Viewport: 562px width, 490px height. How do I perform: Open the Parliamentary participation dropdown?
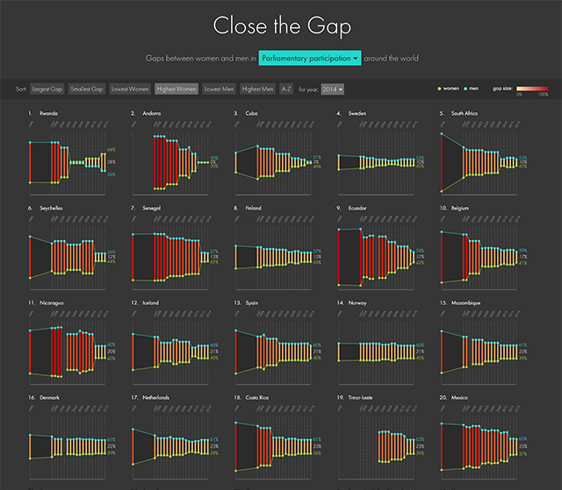(x=311, y=59)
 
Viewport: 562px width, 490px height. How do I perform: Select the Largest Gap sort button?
(x=47, y=89)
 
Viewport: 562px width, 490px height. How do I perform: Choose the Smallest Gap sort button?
(x=86, y=89)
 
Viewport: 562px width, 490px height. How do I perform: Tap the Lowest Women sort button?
(x=130, y=89)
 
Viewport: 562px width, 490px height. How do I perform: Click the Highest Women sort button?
(x=177, y=89)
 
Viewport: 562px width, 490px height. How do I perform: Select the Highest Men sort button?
(x=257, y=89)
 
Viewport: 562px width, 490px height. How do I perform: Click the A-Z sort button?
(x=286, y=89)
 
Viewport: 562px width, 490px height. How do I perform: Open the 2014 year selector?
(x=333, y=89)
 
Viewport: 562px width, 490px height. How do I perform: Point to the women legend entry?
(x=449, y=89)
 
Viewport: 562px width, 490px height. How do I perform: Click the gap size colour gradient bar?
(x=532, y=89)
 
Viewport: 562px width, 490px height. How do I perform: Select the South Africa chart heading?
(x=466, y=113)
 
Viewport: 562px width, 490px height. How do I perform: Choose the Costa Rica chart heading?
(x=258, y=397)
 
